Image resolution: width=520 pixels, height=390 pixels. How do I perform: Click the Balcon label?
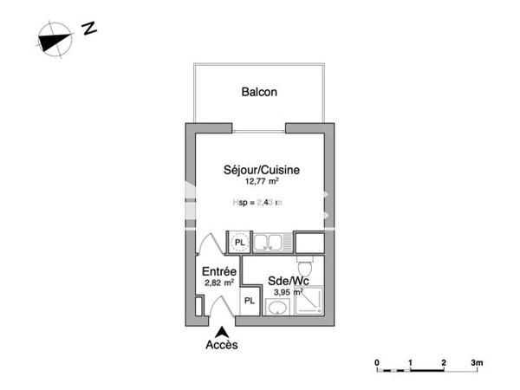259,93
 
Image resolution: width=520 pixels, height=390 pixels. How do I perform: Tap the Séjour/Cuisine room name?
262,171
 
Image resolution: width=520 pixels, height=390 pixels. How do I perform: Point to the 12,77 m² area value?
261,183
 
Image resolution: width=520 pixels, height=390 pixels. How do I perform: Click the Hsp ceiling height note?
259,203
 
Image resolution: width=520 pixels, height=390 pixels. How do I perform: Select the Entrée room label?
219,271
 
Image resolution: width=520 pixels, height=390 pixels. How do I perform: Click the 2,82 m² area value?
219,283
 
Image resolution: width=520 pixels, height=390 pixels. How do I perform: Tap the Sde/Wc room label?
287,281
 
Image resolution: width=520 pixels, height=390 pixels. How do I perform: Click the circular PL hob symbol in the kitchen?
239,240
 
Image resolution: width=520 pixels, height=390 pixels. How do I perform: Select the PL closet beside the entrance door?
249,301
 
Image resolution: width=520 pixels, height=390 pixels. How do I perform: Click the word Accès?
222,344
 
